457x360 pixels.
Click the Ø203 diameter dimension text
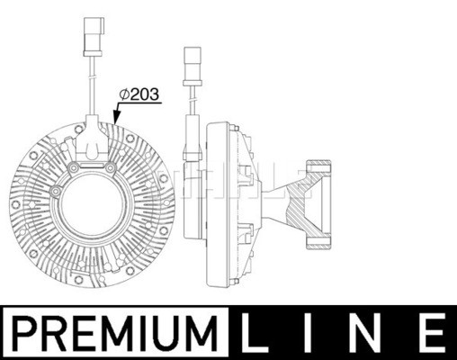139,94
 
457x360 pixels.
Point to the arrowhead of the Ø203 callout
116,118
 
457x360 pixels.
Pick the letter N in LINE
369,333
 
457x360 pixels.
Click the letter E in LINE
430,333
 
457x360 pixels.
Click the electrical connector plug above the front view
94,37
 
